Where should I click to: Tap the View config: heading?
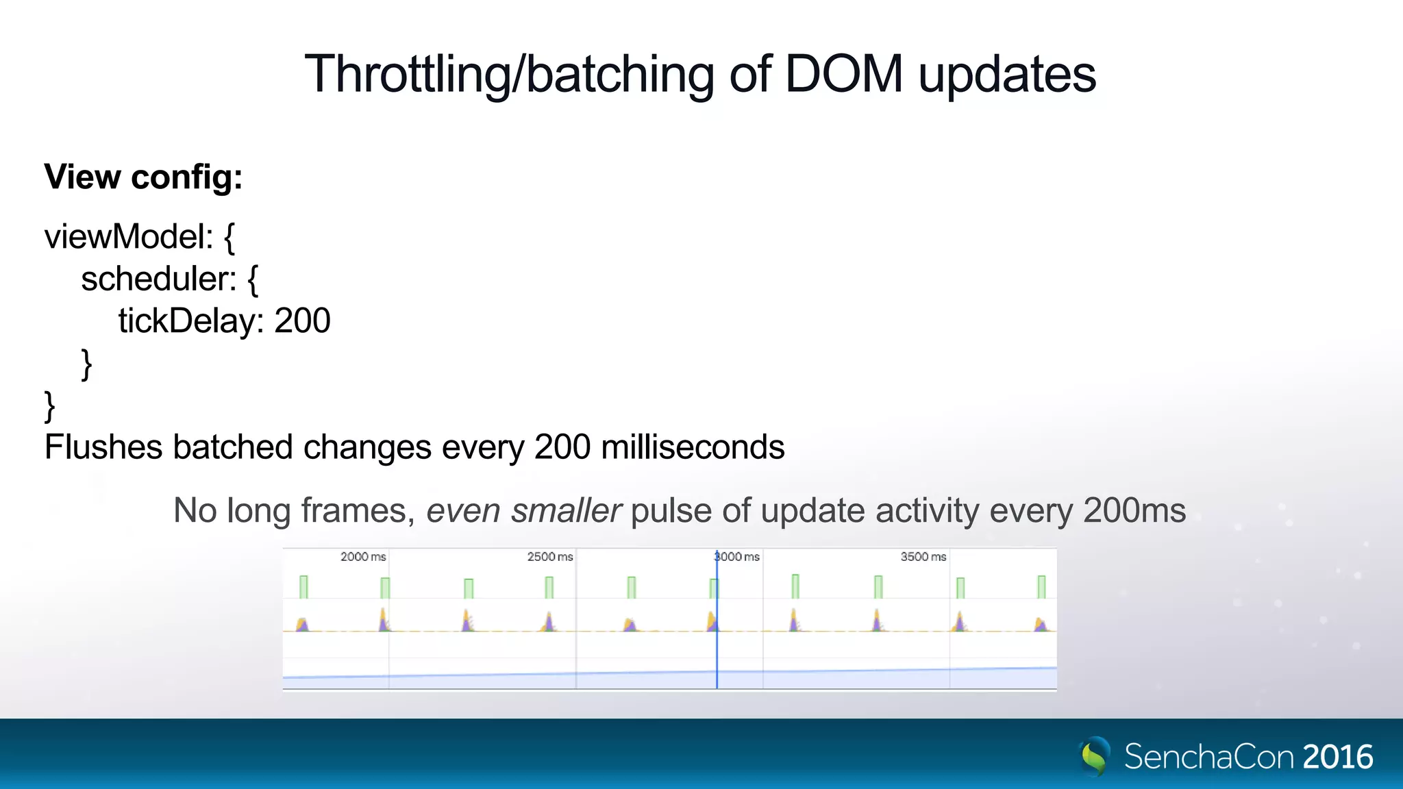coord(143,177)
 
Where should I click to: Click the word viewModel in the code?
coord(123,237)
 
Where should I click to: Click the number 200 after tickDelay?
coord(302,321)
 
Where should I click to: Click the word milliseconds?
coord(692,447)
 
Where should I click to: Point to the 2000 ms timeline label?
coord(363,557)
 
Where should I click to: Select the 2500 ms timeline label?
coord(549,557)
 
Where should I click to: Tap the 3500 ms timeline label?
coord(923,557)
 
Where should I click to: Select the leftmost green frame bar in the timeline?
coord(303,587)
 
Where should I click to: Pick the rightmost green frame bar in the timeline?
coord(1041,587)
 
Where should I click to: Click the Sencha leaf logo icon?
coord(1095,756)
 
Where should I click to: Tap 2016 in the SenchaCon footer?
coord(1337,757)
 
